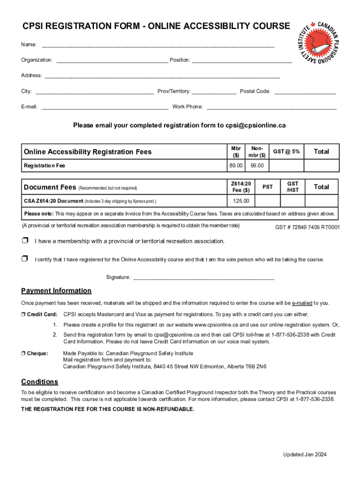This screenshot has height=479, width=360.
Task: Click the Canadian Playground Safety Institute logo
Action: coord(319,43)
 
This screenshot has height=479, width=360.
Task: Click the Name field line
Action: coord(158,46)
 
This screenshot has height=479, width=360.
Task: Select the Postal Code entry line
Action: coord(305,93)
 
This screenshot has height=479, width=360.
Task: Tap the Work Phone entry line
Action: coord(271,108)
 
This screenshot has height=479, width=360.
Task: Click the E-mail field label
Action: coord(29,107)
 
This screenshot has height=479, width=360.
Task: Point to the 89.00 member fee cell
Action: coord(236,166)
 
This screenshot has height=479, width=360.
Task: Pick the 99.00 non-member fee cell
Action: coord(257,166)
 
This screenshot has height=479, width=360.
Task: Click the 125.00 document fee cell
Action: coord(241,201)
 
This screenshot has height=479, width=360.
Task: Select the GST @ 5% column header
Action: coord(287,152)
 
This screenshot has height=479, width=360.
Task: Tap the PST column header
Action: coord(267,187)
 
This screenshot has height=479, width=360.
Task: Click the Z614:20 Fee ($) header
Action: coord(241,187)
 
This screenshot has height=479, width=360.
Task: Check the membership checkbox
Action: coord(25,241)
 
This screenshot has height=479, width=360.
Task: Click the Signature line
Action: coord(203,278)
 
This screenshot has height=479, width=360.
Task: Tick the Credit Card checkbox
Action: coord(23,314)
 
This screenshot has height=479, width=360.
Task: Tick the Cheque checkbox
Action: coord(23,353)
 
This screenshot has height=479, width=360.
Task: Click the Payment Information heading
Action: coord(56,291)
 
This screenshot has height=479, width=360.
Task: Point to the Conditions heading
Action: coord(40,382)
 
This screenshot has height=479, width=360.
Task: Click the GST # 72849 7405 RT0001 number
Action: coord(308,228)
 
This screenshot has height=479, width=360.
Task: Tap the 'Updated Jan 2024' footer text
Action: coord(305,455)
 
